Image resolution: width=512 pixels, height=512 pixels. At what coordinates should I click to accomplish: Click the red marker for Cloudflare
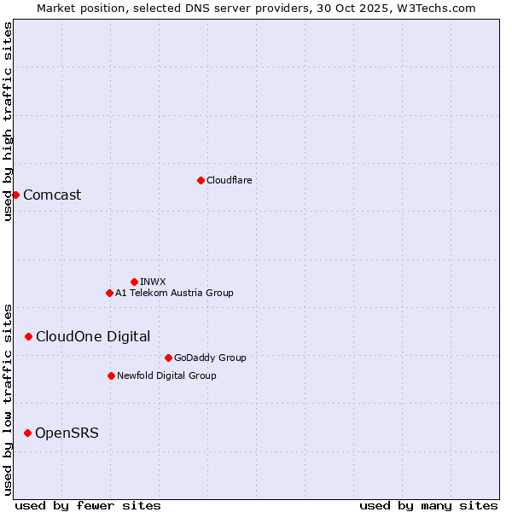201,180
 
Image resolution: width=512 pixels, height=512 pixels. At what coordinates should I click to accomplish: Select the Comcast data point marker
15,195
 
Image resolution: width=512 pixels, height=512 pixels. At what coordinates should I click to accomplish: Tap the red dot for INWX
134,282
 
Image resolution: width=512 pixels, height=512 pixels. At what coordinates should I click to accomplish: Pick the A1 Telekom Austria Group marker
109,293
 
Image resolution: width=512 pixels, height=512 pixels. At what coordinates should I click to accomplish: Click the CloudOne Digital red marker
28,336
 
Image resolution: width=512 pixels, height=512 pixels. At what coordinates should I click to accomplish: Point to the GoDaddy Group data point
168,358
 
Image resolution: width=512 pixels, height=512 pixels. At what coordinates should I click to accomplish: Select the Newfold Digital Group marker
111,375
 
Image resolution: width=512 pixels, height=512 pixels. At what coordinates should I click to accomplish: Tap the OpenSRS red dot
27,433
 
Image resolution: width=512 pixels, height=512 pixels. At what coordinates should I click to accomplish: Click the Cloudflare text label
229,180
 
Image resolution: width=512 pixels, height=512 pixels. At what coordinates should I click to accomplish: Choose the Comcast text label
52,195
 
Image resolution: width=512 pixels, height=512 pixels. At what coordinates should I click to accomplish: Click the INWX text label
153,282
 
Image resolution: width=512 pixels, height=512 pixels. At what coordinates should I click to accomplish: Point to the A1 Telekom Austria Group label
174,293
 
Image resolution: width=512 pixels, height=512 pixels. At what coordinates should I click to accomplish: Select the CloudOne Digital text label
93,336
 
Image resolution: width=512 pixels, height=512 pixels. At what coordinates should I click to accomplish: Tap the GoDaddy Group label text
210,358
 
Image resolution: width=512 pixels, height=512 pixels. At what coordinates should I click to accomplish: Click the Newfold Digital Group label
166,375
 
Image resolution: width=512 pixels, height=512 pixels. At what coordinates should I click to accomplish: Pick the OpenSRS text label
67,433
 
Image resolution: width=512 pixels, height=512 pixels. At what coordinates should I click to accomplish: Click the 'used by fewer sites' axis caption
88,505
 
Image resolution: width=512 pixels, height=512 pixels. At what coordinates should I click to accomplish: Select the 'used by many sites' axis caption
428,505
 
